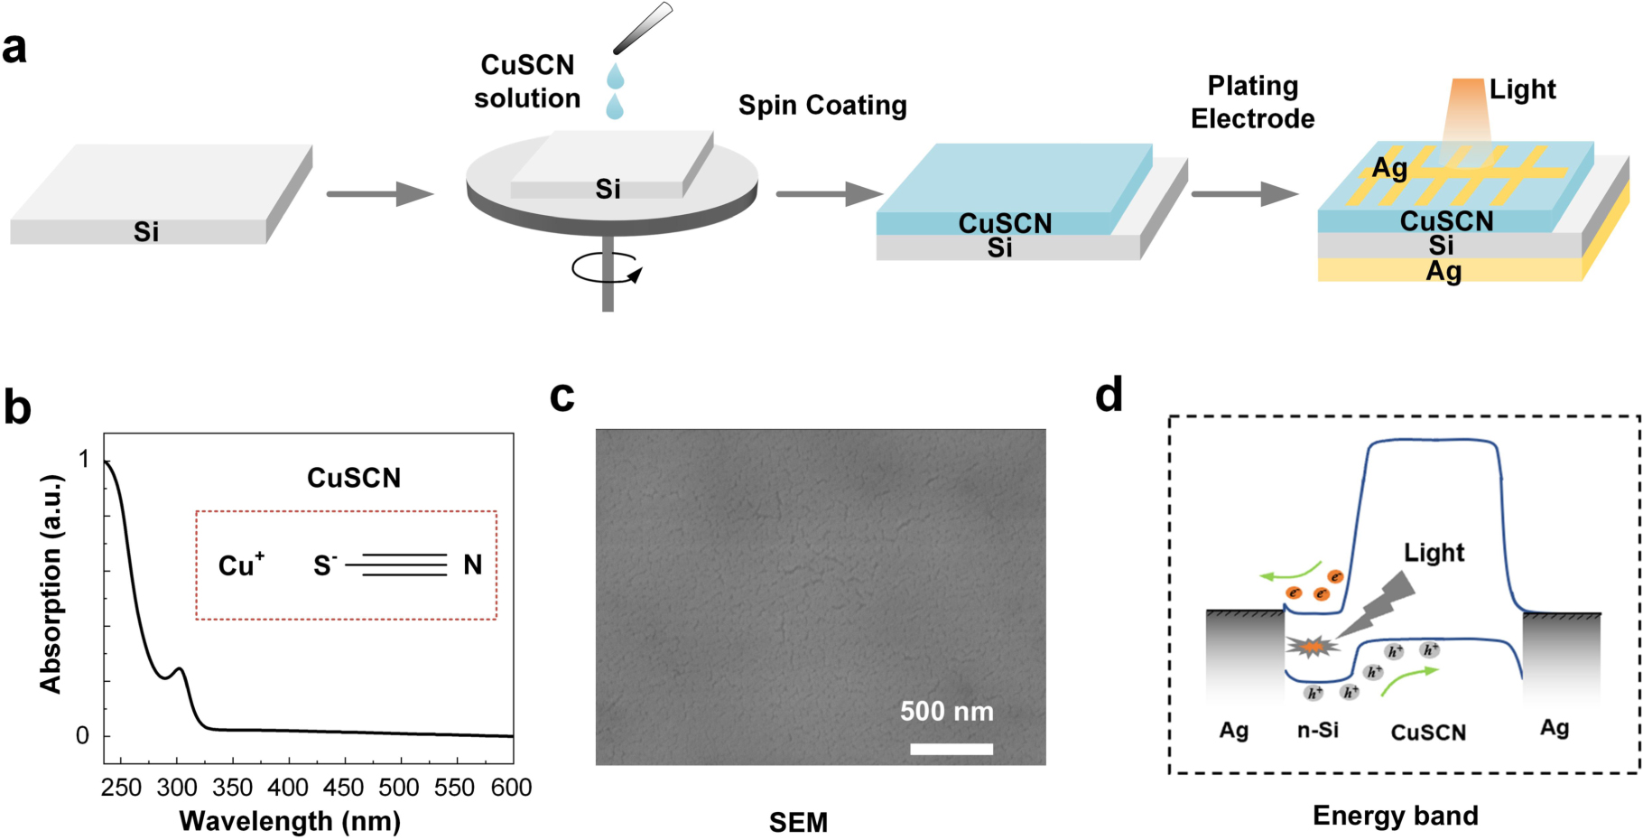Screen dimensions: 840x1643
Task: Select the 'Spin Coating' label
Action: tap(822, 106)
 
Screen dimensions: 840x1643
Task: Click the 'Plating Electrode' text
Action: tap(1252, 102)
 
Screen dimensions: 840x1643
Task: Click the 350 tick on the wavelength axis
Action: tap(233, 788)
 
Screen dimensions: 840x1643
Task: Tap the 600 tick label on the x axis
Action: tap(511, 788)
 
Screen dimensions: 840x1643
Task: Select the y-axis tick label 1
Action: tap(84, 460)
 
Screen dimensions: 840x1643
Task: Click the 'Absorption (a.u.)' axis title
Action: tap(51, 583)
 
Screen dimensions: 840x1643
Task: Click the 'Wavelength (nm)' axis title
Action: tap(290, 821)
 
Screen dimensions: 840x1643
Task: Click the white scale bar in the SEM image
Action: tap(951, 749)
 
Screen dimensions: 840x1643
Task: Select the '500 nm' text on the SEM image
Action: tap(946, 712)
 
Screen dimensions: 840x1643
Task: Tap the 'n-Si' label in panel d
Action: tap(1317, 730)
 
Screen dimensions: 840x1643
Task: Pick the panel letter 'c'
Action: tap(562, 396)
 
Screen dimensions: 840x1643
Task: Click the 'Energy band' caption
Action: tap(1395, 816)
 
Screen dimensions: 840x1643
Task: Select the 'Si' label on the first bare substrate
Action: tap(146, 232)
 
